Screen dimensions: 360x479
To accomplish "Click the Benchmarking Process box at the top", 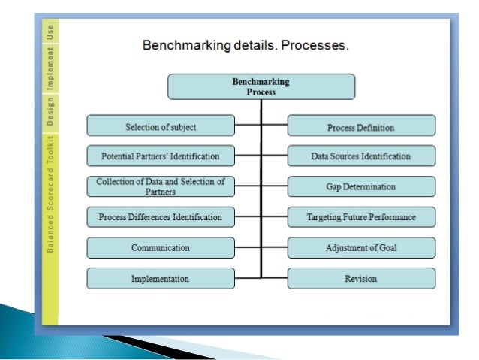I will [x=261, y=86].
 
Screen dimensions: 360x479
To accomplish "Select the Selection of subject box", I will [x=161, y=126].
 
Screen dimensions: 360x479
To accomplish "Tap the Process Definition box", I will [x=361, y=126].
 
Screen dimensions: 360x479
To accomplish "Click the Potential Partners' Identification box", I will [x=161, y=156].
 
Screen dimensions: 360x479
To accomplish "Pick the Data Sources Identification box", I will [x=361, y=156].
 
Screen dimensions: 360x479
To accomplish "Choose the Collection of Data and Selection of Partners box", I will [x=161, y=186].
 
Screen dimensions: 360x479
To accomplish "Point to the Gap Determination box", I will [x=361, y=186].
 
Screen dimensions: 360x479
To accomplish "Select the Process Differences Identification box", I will [x=161, y=217].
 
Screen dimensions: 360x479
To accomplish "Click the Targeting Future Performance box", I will [x=361, y=217].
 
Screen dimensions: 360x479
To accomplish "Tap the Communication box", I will [x=161, y=247].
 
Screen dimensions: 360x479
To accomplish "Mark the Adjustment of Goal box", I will [x=361, y=247].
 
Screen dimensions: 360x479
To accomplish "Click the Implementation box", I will [x=161, y=278].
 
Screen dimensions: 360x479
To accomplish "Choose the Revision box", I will [x=361, y=278].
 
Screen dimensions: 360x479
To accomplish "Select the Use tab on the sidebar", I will [x=50, y=32].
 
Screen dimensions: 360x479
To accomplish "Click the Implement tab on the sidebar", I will [x=50, y=70].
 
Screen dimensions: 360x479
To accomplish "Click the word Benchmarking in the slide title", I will [x=185, y=46].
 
